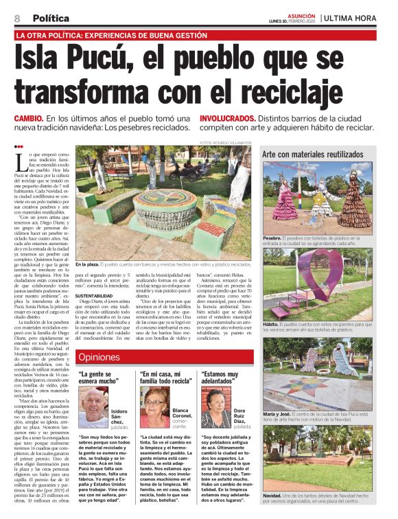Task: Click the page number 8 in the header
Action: [x=16, y=18]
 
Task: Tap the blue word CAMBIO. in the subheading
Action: [x=30, y=119]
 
